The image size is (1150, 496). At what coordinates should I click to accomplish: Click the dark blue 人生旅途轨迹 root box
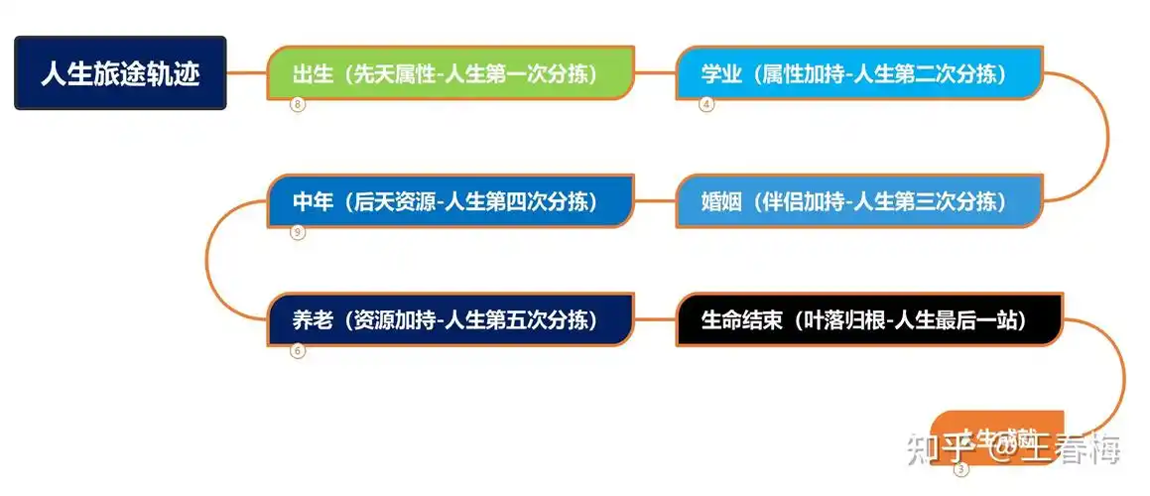(x=120, y=73)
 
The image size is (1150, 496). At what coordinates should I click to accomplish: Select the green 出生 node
(x=450, y=73)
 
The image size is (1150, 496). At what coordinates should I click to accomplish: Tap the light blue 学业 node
(x=858, y=73)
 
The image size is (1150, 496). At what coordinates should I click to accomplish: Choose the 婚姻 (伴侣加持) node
(x=858, y=201)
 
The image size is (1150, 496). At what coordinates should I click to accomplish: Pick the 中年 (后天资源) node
(x=450, y=201)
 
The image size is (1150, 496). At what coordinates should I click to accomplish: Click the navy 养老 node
(x=450, y=320)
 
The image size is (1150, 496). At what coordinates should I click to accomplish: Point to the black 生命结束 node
(x=868, y=320)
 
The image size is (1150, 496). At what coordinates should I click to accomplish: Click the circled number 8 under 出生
(x=297, y=105)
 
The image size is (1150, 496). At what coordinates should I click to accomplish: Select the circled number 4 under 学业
(x=706, y=105)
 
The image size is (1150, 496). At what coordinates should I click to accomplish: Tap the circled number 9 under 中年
(x=297, y=233)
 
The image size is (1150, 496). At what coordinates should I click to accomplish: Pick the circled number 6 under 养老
(x=297, y=350)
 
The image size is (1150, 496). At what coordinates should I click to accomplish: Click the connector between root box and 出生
(x=247, y=72)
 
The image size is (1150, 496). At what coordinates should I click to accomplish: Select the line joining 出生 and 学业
(x=655, y=72)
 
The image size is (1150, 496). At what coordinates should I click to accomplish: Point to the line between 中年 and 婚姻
(x=655, y=201)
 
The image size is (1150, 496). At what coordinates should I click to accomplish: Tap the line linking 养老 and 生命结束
(x=655, y=320)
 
